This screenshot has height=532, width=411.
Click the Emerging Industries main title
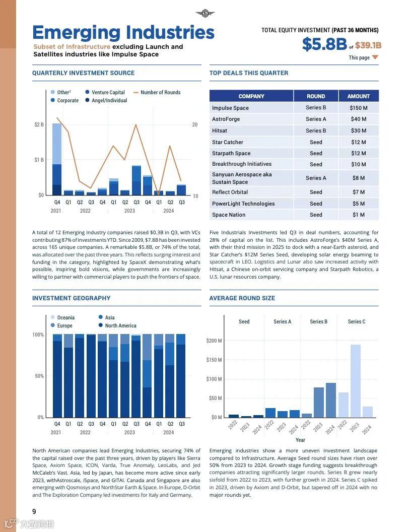123,32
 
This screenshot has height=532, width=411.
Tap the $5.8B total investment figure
324,44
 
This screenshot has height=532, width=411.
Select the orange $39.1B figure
368,45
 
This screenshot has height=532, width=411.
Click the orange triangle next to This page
375,57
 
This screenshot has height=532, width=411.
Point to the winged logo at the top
205,13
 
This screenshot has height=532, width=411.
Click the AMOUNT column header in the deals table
358,96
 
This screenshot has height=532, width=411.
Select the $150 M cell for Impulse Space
358,108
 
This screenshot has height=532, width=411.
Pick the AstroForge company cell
226,119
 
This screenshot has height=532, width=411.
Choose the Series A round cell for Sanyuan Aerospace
316,178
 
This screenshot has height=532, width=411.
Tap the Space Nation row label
229,215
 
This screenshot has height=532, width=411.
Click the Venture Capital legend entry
108,92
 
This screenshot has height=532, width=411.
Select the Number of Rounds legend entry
160,92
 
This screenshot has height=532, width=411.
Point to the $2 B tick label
39,124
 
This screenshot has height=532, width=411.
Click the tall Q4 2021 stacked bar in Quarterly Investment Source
57,159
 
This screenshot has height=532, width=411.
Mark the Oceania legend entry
65,317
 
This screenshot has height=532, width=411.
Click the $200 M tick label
214,341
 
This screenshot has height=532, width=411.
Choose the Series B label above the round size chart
318,321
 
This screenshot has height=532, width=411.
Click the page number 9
34,511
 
